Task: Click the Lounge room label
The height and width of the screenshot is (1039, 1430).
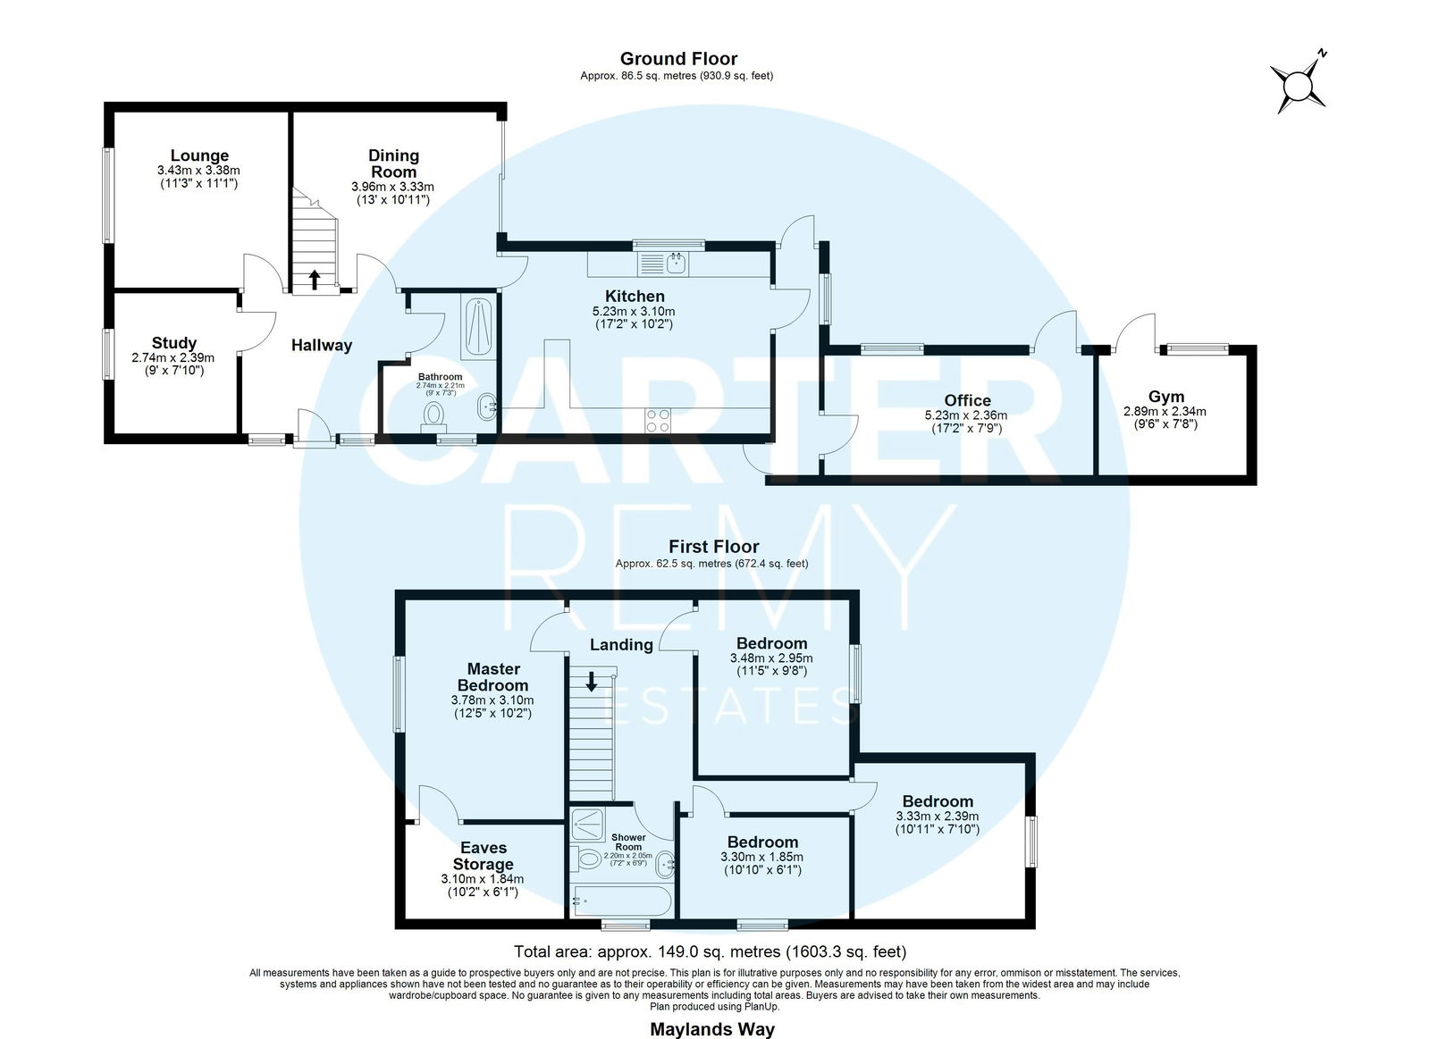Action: pyautogui.click(x=199, y=155)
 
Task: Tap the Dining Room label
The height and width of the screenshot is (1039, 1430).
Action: pyautogui.click(x=393, y=163)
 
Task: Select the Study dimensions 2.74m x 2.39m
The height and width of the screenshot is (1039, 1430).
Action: pyautogui.click(x=173, y=358)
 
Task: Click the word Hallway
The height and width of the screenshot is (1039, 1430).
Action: pyautogui.click(x=322, y=345)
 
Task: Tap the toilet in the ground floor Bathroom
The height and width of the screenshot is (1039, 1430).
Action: pyautogui.click(x=433, y=415)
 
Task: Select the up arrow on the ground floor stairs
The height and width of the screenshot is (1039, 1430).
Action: pyautogui.click(x=314, y=279)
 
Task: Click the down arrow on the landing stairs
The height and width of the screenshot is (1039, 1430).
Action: pyautogui.click(x=591, y=681)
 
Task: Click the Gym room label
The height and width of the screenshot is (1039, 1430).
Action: pyautogui.click(x=1165, y=397)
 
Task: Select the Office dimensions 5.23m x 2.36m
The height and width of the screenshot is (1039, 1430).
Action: pyautogui.click(x=966, y=415)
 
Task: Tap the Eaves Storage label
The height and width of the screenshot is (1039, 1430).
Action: pyautogui.click(x=484, y=856)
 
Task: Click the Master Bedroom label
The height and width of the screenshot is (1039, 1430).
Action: pyautogui.click(x=493, y=677)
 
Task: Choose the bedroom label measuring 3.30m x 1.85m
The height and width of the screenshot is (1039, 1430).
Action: pyautogui.click(x=763, y=842)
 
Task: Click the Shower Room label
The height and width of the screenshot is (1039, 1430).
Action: pyautogui.click(x=629, y=842)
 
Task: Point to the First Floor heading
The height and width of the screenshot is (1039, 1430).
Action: pyautogui.click(x=714, y=547)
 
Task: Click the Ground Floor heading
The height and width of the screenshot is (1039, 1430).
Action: pyautogui.click(x=678, y=59)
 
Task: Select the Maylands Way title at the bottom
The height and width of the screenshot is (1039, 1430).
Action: pyautogui.click(x=712, y=1029)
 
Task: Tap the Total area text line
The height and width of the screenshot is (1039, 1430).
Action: pyautogui.click(x=711, y=951)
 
